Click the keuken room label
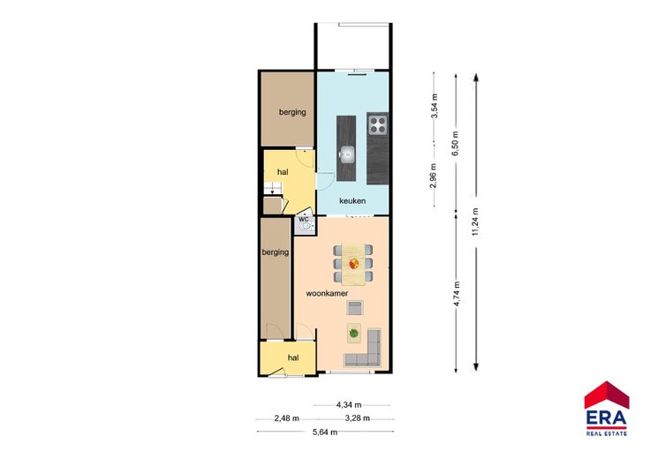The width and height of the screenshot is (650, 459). click(x=352, y=201)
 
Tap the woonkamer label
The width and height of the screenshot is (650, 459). click(x=327, y=293)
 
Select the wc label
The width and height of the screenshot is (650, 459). click(x=304, y=219)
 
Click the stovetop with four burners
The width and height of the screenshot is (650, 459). click(x=378, y=124)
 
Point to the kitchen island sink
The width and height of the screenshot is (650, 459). click(x=346, y=154)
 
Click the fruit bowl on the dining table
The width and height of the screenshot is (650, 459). click(x=353, y=263)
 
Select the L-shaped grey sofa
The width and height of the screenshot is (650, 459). click(x=366, y=350)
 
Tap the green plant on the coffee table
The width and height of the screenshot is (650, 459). click(x=353, y=333)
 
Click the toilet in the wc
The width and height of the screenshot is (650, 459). click(x=306, y=227)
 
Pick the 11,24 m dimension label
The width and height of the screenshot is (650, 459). click(x=475, y=222)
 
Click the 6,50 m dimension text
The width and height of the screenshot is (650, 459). click(x=455, y=143)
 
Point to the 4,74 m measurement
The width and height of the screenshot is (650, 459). click(x=457, y=293)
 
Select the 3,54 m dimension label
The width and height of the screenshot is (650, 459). click(x=434, y=106)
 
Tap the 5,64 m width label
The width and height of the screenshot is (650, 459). click(x=325, y=432)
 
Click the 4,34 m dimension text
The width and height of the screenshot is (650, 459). click(x=349, y=405)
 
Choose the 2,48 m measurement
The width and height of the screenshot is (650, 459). click(x=286, y=418)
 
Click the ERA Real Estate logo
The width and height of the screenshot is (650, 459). click(x=607, y=409)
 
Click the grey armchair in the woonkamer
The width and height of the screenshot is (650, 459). click(x=355, y=308)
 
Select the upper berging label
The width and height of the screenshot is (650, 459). click(x=292, y=112)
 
